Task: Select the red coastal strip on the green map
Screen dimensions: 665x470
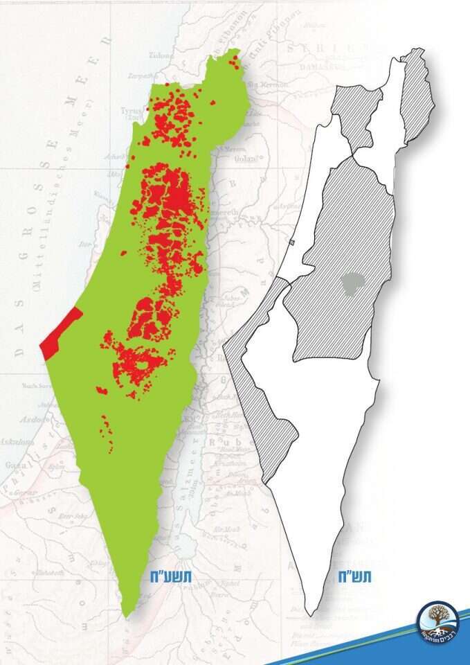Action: click(x=61, y=333)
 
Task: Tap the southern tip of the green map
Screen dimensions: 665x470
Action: click(x=126, y=613)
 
